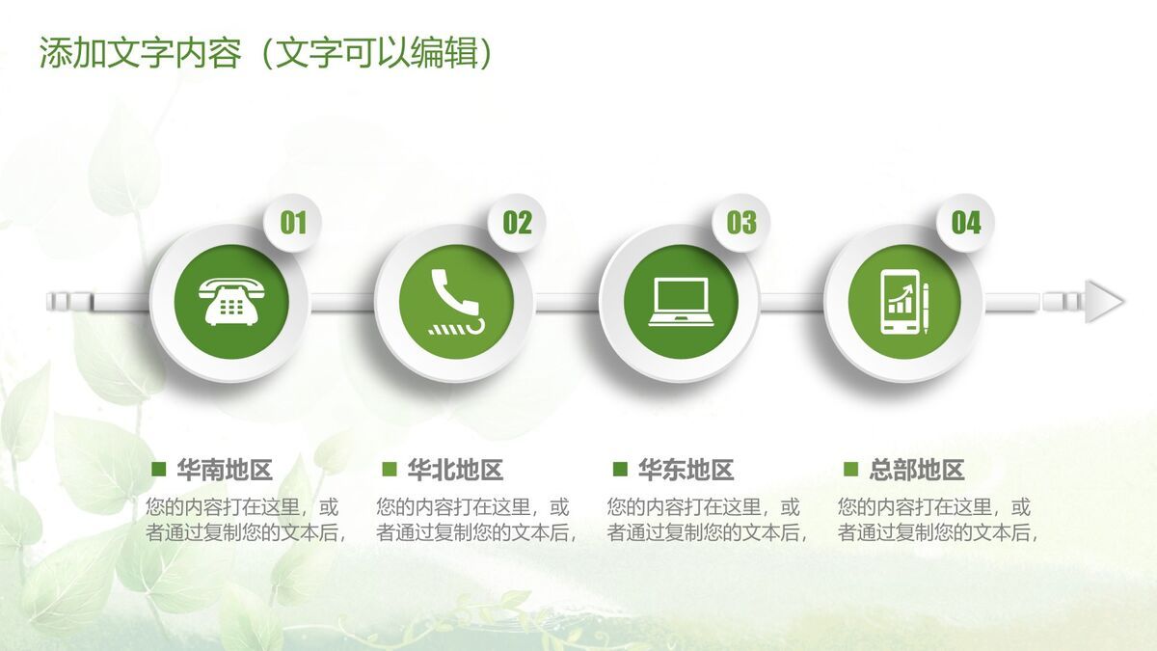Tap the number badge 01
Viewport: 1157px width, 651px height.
[x=293, y=224]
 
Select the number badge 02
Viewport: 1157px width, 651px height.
[x=518, y=224]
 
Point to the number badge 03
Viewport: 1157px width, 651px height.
[x=741, y=224]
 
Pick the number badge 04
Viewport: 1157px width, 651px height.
[x=966, y=224]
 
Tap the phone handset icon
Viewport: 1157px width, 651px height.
[x=455, y=302]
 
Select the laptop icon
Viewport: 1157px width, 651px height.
[x=680, y=302]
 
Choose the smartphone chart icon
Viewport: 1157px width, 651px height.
[x=904, y=302]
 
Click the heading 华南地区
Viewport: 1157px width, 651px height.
[x=225, y=471]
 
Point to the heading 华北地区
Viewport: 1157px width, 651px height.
[x=455, y=471]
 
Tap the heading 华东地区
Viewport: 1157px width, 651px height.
[x=686, y=471]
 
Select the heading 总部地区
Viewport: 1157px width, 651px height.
[x=916, y=471]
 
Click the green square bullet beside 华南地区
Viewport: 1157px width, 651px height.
[x=160, y=470]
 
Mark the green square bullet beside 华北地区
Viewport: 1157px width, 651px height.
[x=390, y=470]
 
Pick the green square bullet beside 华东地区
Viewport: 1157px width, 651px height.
[x=620, y=470]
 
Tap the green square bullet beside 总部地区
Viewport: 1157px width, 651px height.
[x=850, y=470]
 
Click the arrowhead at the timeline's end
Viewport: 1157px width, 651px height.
[x=1105, y=302]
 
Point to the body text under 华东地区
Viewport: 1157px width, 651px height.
[x=707, y=520]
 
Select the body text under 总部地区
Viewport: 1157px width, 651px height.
[x=937, y=520]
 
